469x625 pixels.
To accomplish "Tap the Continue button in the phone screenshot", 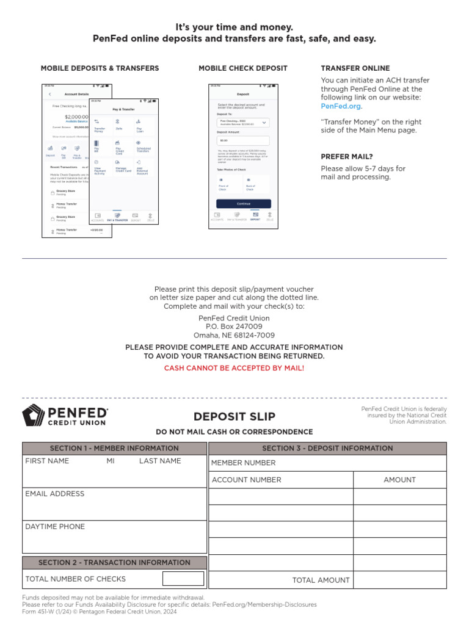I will point(244,203).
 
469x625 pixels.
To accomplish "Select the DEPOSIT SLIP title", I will point(234,417).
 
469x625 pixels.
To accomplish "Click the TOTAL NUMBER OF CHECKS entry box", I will point(183,579).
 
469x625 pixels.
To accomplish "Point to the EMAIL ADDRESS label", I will point(55,494).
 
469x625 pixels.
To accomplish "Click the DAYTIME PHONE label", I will point(55,527).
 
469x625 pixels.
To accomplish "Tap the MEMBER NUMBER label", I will point(244,463).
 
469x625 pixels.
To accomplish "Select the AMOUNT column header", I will point(399,480).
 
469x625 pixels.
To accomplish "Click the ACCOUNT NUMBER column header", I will point(247,480).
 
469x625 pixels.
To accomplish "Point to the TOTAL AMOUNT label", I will point(321,580).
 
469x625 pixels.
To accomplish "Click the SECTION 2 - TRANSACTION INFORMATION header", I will point(114,563).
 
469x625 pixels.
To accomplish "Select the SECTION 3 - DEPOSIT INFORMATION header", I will point(327,448).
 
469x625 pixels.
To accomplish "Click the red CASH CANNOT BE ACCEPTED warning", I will point(234,368).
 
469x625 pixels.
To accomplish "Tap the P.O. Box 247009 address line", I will point(234,327).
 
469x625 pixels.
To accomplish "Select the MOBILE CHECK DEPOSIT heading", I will point(242,68).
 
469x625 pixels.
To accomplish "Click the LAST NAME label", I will point(160,461).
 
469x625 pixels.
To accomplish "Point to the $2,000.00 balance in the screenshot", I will point(77,116).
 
